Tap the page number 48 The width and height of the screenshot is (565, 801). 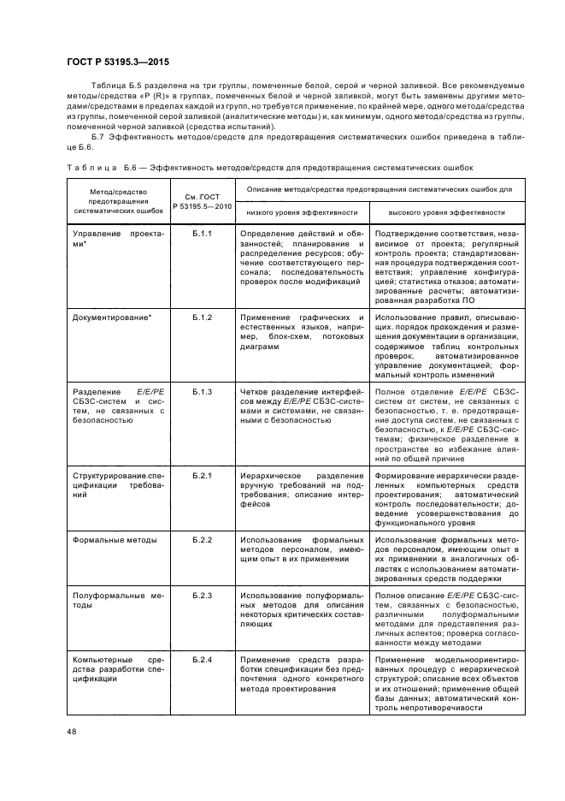point(71,730)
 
